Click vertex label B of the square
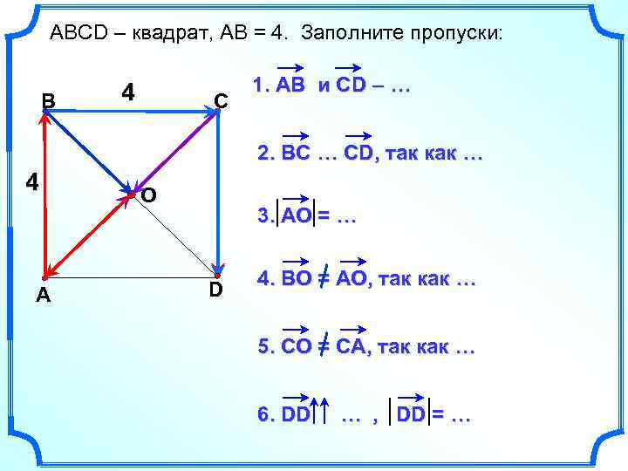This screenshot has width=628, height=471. (50, 101)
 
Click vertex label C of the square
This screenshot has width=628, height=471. (222, 101)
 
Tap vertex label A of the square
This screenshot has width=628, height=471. (43, 297)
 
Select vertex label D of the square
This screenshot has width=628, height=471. (215, 289)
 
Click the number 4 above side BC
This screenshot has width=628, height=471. (128, 92)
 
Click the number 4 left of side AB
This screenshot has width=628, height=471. (31, 182)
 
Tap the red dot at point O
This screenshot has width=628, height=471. (132, 194)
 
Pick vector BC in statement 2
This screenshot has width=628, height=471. (296, 154)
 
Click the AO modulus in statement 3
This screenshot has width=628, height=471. (296, 216)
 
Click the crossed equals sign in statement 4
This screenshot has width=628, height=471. (323, 281)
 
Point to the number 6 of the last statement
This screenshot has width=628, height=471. (263, 415)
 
